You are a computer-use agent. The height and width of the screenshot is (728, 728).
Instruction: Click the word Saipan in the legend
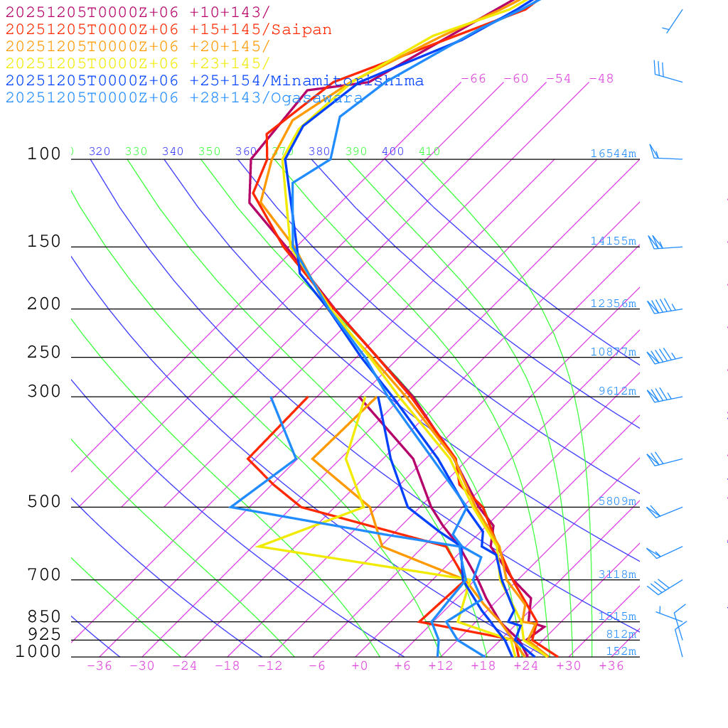pyautogui.click(x=301, y=30)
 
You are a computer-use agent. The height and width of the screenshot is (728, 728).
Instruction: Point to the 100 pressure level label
pyautogui.click(x=45, y=154)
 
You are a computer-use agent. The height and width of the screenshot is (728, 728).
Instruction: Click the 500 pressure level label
pyautogui.click(x=45, y=502)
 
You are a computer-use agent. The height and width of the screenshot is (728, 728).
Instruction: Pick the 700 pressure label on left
pyautogui.click(x=45, y=575)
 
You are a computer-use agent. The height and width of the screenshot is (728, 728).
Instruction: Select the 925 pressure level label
pyautogui.click(x=45, y=634)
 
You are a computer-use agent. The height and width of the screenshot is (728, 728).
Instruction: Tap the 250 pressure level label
pyautogui.click(x=45, y=353)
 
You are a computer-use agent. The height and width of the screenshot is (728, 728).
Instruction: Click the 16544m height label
pyautogui.click(x=613, y=154)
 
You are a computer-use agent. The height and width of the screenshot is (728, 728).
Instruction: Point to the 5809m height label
pyautogui.click(x=617, y=501)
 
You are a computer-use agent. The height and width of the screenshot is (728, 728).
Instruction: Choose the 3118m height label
pyautogui.click(x=617, y=574)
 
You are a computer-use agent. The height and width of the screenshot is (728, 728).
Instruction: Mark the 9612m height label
pyautogui.click(x=617, y=391)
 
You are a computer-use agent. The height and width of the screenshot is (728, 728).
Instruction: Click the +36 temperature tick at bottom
pyautogui.click(x=611, y=666)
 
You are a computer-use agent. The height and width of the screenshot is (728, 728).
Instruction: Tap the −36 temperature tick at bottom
pyautogui.click(x=99, y=666)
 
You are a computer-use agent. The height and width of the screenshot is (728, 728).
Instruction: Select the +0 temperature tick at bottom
pyautogui.click(x=359, y=666)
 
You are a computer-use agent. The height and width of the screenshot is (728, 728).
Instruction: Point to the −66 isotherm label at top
pyautogui.click(x=473, y=79)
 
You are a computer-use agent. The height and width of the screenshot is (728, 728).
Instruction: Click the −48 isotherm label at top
pyautogui.click(x=601, y=79)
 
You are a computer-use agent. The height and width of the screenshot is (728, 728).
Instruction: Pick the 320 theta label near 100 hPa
pyautogui.click(x=100, y=151)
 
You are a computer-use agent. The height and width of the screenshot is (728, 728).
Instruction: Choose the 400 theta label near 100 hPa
pyautogui.click(x=392, y=151)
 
